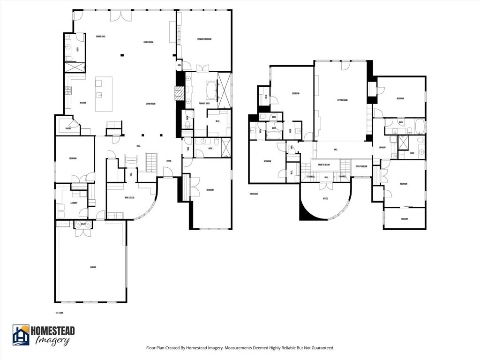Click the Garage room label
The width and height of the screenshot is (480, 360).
pos(93,267)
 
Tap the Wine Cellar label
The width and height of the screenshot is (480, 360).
pos(129,198)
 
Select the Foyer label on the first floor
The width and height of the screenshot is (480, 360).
pos(168,161)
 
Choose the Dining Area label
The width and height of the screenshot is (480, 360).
pos(100,36)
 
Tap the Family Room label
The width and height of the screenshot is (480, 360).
pos(149,42)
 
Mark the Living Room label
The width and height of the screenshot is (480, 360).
pos(150,104)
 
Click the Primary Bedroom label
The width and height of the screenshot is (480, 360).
pos(204,39)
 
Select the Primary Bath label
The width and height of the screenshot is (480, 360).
pos(204,103)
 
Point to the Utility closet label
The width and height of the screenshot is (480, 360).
pos(83,225)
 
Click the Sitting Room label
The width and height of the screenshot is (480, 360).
pos(342,100)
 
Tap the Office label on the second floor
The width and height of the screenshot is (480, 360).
pos(325,198)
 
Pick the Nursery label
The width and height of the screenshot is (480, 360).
pos(404,219)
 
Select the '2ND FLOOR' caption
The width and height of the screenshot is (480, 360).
pos(254,193)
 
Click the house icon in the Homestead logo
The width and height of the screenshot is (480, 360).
pos(21,335)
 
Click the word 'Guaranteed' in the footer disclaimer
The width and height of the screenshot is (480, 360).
pos(321,348)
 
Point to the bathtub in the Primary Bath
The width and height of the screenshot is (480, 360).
pos(211,88)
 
